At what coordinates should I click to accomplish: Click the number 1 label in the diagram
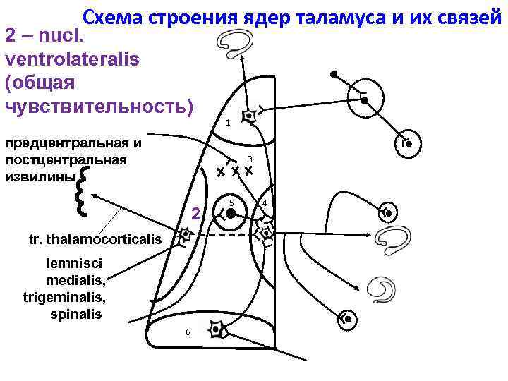pos(228,123)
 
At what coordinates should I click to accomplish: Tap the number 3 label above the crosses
pos(250,157)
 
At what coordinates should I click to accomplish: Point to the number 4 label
pos(263,204)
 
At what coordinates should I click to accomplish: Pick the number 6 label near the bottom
pos(188,332)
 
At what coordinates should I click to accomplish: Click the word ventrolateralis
pos(73,59)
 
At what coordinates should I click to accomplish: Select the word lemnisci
pos(73,263)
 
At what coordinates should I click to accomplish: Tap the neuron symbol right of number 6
pos(217,329)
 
